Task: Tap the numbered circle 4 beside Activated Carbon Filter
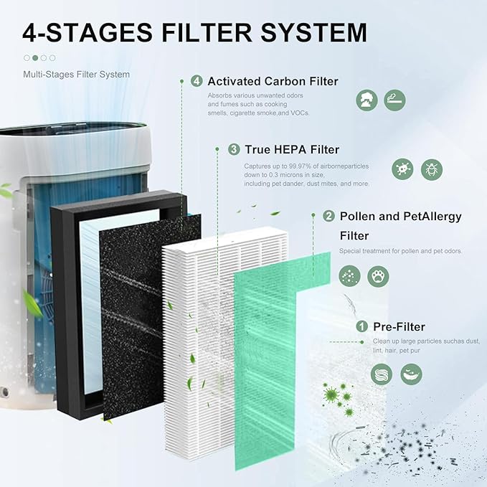click(197, 81)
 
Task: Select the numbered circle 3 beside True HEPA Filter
click(234, 149)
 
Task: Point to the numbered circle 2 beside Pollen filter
click(328, 216)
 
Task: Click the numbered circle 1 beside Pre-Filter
click(362, 326)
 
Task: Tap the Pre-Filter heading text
click(399, 326)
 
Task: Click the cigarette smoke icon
click(394, 100)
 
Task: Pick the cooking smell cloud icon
click(367, 100)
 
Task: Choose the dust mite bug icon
click(432, 169)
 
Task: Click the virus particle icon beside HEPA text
click(403, 169)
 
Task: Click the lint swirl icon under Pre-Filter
click(382, 374)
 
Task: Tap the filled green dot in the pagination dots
click(35, 57)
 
